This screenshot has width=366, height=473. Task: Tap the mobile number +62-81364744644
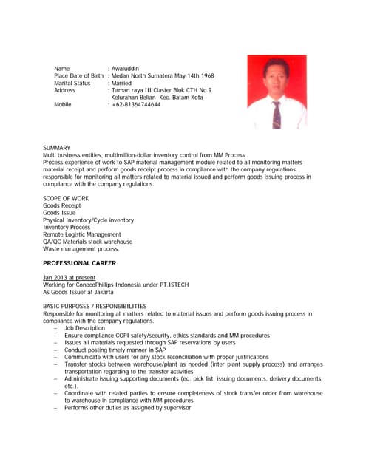[x=136, y=105]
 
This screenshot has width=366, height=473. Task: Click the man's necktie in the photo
[x=277, y=115]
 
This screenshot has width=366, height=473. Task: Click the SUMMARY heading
[x=57, y=148]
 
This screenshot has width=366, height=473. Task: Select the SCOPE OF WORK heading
[x=66, y=198]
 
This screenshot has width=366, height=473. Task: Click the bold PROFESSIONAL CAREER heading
[x=79, y=263]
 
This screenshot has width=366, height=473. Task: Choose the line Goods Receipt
[x=62, y=205]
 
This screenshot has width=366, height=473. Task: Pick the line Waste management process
[x=81, y=249]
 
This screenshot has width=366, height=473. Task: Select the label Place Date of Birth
[x=78, y=76]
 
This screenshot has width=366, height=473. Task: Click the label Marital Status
[x=72, y=84]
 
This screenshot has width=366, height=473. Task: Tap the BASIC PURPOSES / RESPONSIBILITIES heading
[x=95, y=306]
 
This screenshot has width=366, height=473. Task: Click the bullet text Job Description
[x=84, y=328]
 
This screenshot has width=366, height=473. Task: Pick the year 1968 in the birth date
[x=206, y=76]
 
